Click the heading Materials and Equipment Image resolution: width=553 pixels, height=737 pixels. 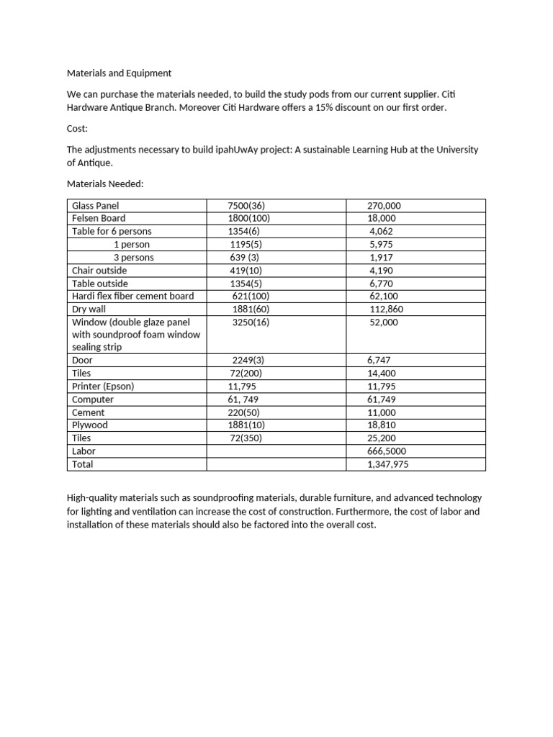119,73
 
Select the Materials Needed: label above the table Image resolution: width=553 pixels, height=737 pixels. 105,184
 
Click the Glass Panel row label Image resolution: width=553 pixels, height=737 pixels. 95,205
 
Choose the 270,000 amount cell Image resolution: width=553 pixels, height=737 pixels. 384,205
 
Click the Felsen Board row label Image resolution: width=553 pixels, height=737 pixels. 99,218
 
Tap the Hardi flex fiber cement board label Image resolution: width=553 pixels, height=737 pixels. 132,296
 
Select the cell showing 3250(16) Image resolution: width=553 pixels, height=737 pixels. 251,322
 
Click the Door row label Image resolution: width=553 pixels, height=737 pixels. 83,360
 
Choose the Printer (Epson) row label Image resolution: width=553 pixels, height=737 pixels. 103,386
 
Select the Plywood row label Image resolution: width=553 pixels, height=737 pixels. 89,425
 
